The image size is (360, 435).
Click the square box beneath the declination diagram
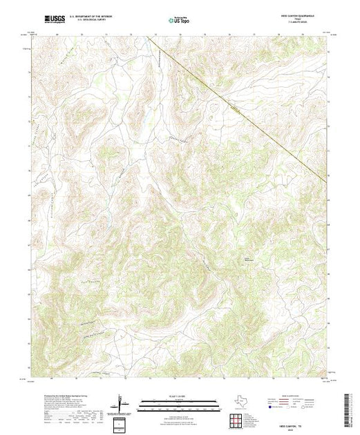point(122,423)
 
